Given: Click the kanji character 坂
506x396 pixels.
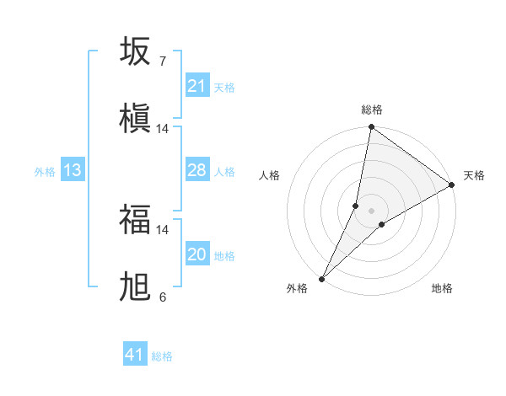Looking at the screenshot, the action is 135,51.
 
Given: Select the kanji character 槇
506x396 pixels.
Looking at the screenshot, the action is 135,118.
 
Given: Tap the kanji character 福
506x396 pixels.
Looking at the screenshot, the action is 135,220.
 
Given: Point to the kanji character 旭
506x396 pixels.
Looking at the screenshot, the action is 135,287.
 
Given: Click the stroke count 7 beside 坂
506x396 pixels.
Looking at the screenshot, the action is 162,62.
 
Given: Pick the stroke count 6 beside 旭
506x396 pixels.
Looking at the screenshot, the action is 162,297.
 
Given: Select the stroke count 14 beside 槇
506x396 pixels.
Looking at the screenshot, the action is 162,129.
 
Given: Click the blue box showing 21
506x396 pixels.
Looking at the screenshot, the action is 197,86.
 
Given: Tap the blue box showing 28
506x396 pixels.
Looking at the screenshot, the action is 197,170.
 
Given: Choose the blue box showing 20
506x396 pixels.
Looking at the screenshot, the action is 197,254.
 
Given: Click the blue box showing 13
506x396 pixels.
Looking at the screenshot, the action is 72,170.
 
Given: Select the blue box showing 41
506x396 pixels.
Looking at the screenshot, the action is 135,355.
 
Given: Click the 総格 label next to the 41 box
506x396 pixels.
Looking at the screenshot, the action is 162,356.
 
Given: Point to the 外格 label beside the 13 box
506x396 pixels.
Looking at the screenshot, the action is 45,172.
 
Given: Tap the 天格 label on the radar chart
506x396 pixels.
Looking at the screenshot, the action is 474,175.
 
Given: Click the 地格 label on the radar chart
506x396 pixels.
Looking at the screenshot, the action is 442,288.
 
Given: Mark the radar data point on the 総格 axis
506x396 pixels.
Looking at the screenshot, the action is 371,128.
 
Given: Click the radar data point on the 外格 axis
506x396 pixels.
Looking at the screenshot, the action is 321,278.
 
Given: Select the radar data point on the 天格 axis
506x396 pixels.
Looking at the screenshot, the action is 452,185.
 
